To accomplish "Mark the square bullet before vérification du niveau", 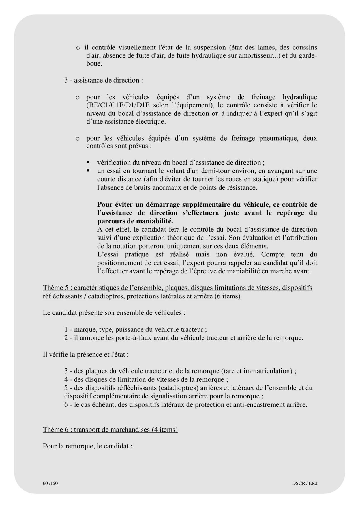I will pos(88,163).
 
